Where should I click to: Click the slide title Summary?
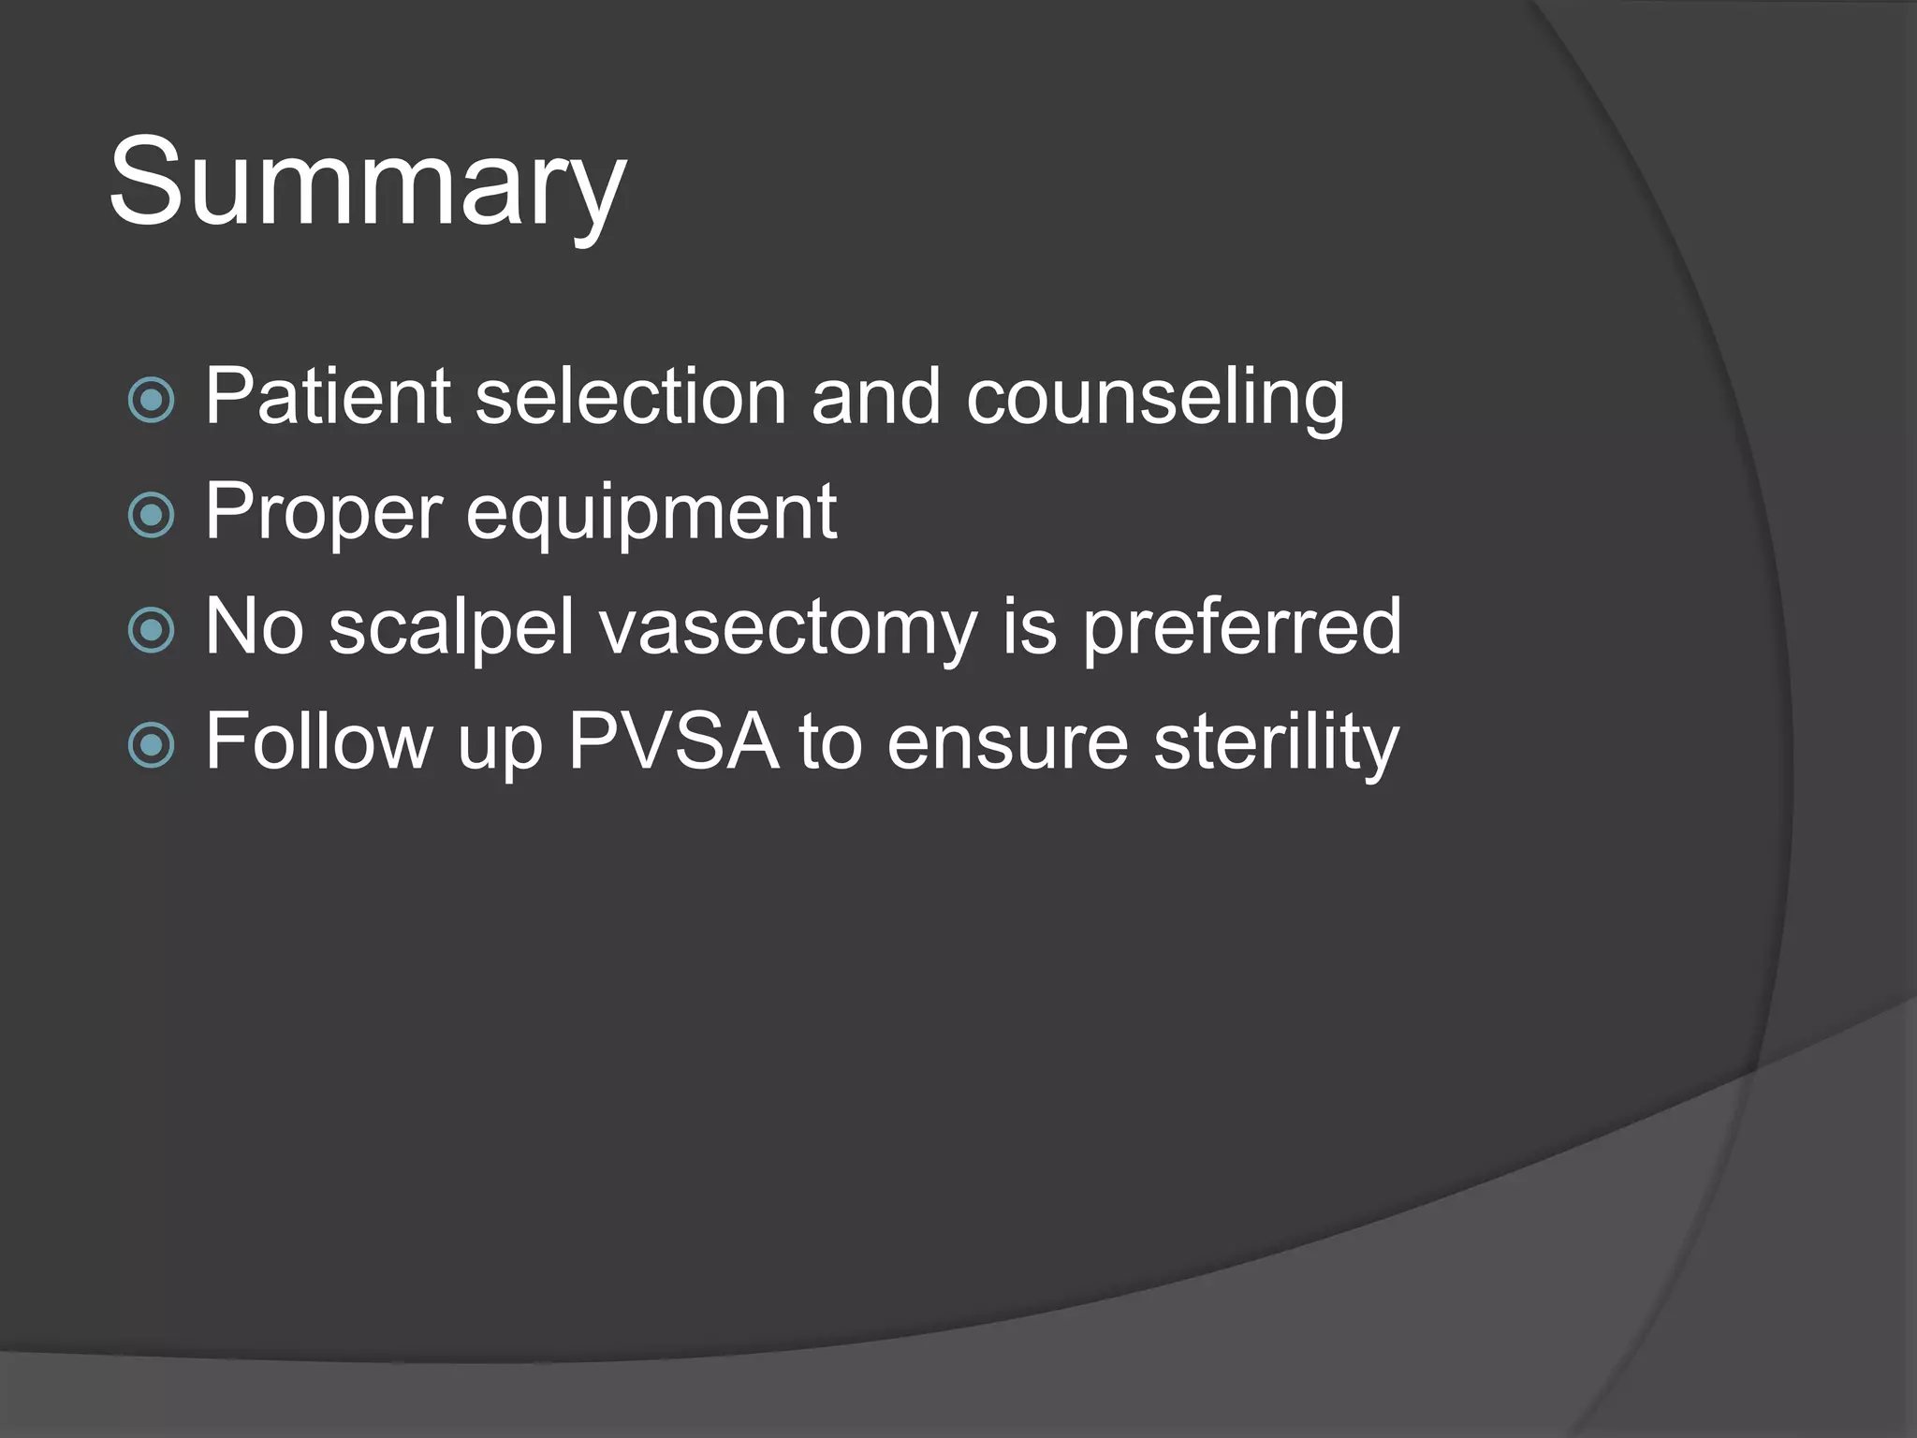[x=367, y=183]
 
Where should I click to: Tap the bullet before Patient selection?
[x=151, y=400]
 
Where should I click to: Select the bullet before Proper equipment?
[x=151, y=515]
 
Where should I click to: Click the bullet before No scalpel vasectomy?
[x=151, y=630]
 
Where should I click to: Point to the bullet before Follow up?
[x=151, y=745]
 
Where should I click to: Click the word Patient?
[x=328, y=397]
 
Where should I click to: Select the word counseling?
[x=1154, y=399]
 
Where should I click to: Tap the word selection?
[x=630, y=397]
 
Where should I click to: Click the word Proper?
[x=323, y=513]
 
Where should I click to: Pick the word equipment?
[x=651, y=513]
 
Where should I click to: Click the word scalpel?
[x=451, y=627]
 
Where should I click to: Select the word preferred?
[x=1241, y=627]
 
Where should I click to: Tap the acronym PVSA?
[x=673, y=741]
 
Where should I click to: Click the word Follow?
[x=319, y=741]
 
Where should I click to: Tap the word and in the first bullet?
[x=875, y=397]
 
